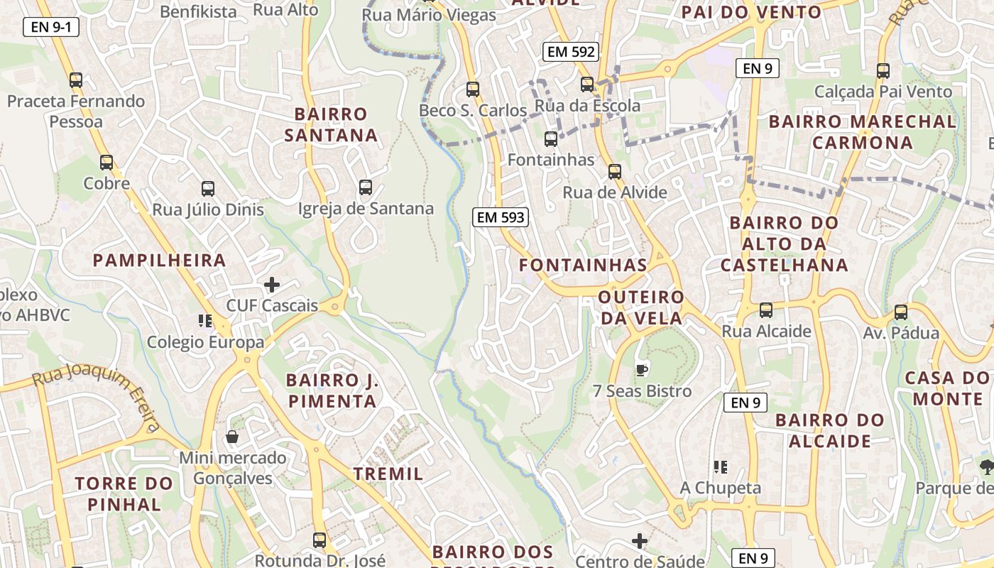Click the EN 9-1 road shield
click(51, 28)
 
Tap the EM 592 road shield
click(571, 51)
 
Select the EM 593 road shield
click(501, 217)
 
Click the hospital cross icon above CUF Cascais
click(271, 285)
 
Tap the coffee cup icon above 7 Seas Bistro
click(641, 369)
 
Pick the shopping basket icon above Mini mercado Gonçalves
click(231, 437)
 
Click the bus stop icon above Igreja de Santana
click(366, 187)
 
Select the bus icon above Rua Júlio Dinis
click(207, 189)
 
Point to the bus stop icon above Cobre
click(106, 163)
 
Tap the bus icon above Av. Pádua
click(900, 312)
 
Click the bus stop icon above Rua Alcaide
click(765, 310)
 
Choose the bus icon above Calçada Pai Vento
click(883, 71)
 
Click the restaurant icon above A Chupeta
click(720, 467)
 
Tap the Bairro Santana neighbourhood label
click(331, 124)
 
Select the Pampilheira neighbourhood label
click(159, 261)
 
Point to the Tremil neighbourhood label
click(388, 474)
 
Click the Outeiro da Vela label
click(641, 307)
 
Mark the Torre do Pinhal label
click(124, 494)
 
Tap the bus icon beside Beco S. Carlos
click(473, 89)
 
